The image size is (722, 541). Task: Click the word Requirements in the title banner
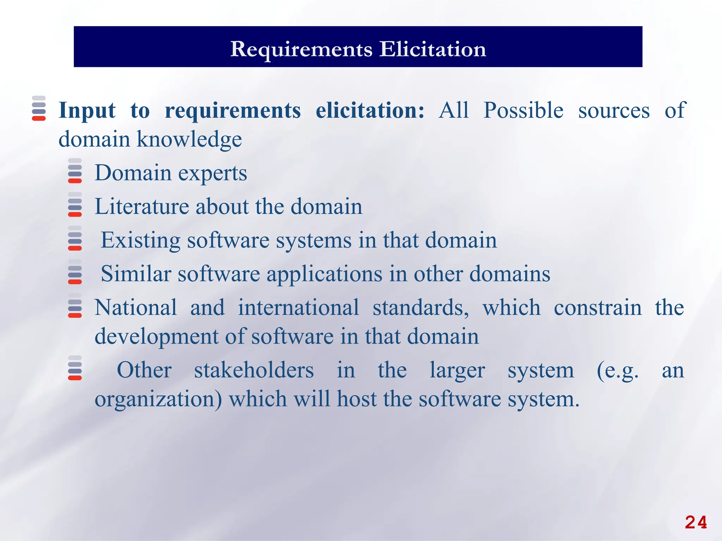301,49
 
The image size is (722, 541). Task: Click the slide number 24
696,522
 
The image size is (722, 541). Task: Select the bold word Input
87,111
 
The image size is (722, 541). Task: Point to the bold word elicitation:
370,110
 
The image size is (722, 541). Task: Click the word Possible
523,110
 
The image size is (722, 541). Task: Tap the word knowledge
189,139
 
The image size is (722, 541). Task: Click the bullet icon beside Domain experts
75,171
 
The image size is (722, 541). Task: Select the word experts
213,173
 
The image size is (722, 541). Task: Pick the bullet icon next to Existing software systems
75,238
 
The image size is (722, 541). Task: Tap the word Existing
140,240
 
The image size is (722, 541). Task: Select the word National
136,307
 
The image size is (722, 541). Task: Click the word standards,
421,307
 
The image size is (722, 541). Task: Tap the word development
156,337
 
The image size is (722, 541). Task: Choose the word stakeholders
254,370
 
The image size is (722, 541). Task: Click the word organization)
158,399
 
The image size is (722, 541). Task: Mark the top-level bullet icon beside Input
39,108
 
